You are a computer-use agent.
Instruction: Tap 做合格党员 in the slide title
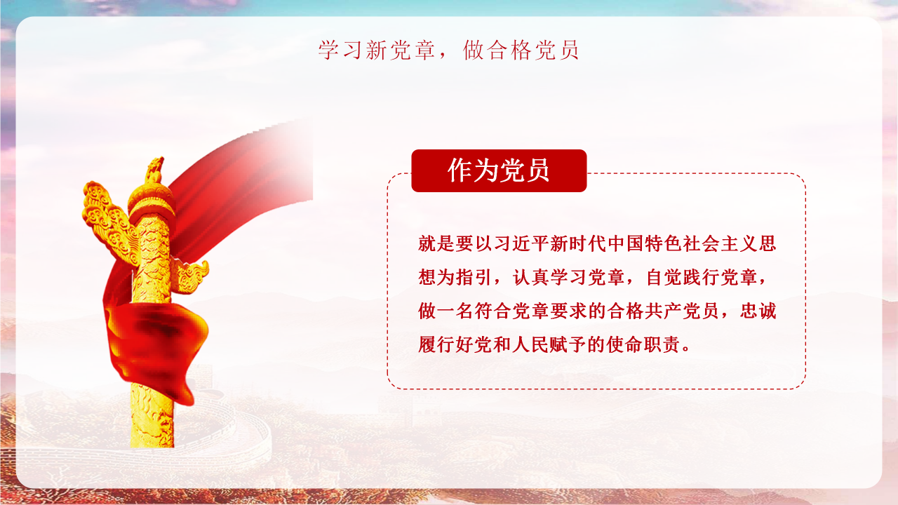521,50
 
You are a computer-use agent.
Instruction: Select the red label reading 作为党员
499,170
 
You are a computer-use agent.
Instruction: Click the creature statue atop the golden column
154,171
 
